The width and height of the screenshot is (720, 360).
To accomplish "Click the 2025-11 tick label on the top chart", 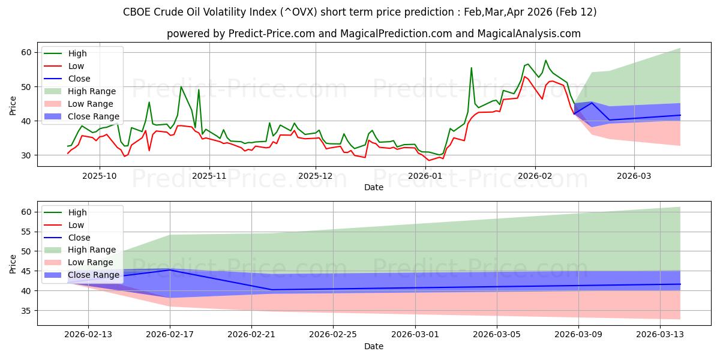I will click(x=209, y=176).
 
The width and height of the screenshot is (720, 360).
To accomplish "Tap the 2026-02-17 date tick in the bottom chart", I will click(x=170, y=335).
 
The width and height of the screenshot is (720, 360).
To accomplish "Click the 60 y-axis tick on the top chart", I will click(x=26, y=53).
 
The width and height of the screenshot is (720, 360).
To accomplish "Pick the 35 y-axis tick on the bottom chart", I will click(x=26, y=311).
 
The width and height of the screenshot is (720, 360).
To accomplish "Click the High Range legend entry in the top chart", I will click(x=92, y=91).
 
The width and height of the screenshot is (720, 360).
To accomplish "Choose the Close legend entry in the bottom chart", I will click(x=79, y=238).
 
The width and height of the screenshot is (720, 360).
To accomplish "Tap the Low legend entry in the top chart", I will click(x=76, y=66).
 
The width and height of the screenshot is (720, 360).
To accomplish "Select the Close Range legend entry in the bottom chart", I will click(x=94, y=275).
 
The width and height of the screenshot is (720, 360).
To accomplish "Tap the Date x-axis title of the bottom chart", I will click(x=373, y=346).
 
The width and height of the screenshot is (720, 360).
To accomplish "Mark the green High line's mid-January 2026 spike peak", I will click(x=472, y=68).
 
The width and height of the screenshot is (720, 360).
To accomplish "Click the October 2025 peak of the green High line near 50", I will click(x=181, y=86).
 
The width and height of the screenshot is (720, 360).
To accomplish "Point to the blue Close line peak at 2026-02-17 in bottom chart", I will click(x=170, y=270).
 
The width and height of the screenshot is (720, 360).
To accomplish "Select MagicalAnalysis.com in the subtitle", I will click(x=529, y=34).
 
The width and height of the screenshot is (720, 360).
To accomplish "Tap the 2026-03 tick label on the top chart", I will click(x=634, y=176).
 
